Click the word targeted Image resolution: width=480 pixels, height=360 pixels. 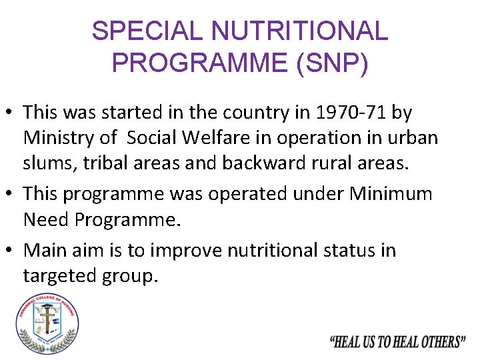[x=62, y=276]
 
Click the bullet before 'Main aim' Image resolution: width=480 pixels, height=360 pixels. [x=10, y=251]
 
